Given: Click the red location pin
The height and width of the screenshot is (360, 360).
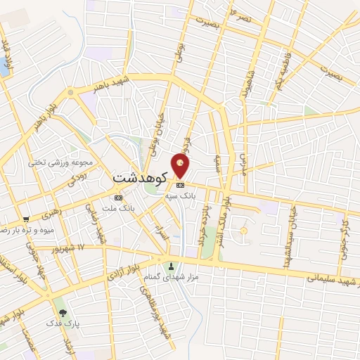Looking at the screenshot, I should click(x=181, y=167).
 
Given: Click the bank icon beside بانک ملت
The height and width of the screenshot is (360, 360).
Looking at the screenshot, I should click(x=117, y=198).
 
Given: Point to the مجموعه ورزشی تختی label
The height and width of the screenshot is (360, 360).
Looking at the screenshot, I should click(x=57, y=162).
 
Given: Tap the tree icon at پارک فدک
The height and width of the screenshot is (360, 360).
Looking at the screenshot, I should click(x=65, y=312).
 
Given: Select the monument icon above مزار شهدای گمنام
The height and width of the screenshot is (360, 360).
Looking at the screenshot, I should click(x=170, y=266).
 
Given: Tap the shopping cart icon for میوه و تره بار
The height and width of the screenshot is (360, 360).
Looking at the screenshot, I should click(x=25, y=219).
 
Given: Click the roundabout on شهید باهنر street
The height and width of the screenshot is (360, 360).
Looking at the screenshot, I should click(x=71, y=92).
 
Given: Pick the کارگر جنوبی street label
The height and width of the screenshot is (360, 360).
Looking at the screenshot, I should click(x=344, y=239).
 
